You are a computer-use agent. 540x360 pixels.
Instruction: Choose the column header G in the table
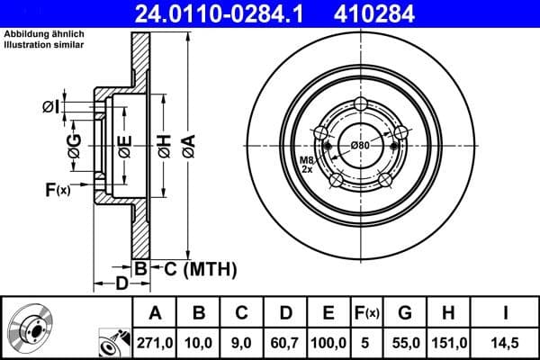[x=405, y=312]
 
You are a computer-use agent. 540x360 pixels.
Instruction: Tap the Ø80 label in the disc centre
[x=361, y=146]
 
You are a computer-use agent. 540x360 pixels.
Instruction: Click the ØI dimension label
[x=51, y=108]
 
